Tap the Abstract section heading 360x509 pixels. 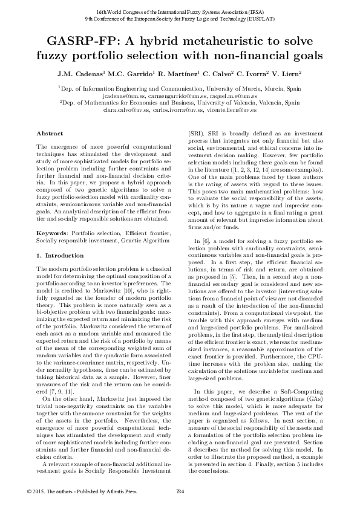pos(49,133)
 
